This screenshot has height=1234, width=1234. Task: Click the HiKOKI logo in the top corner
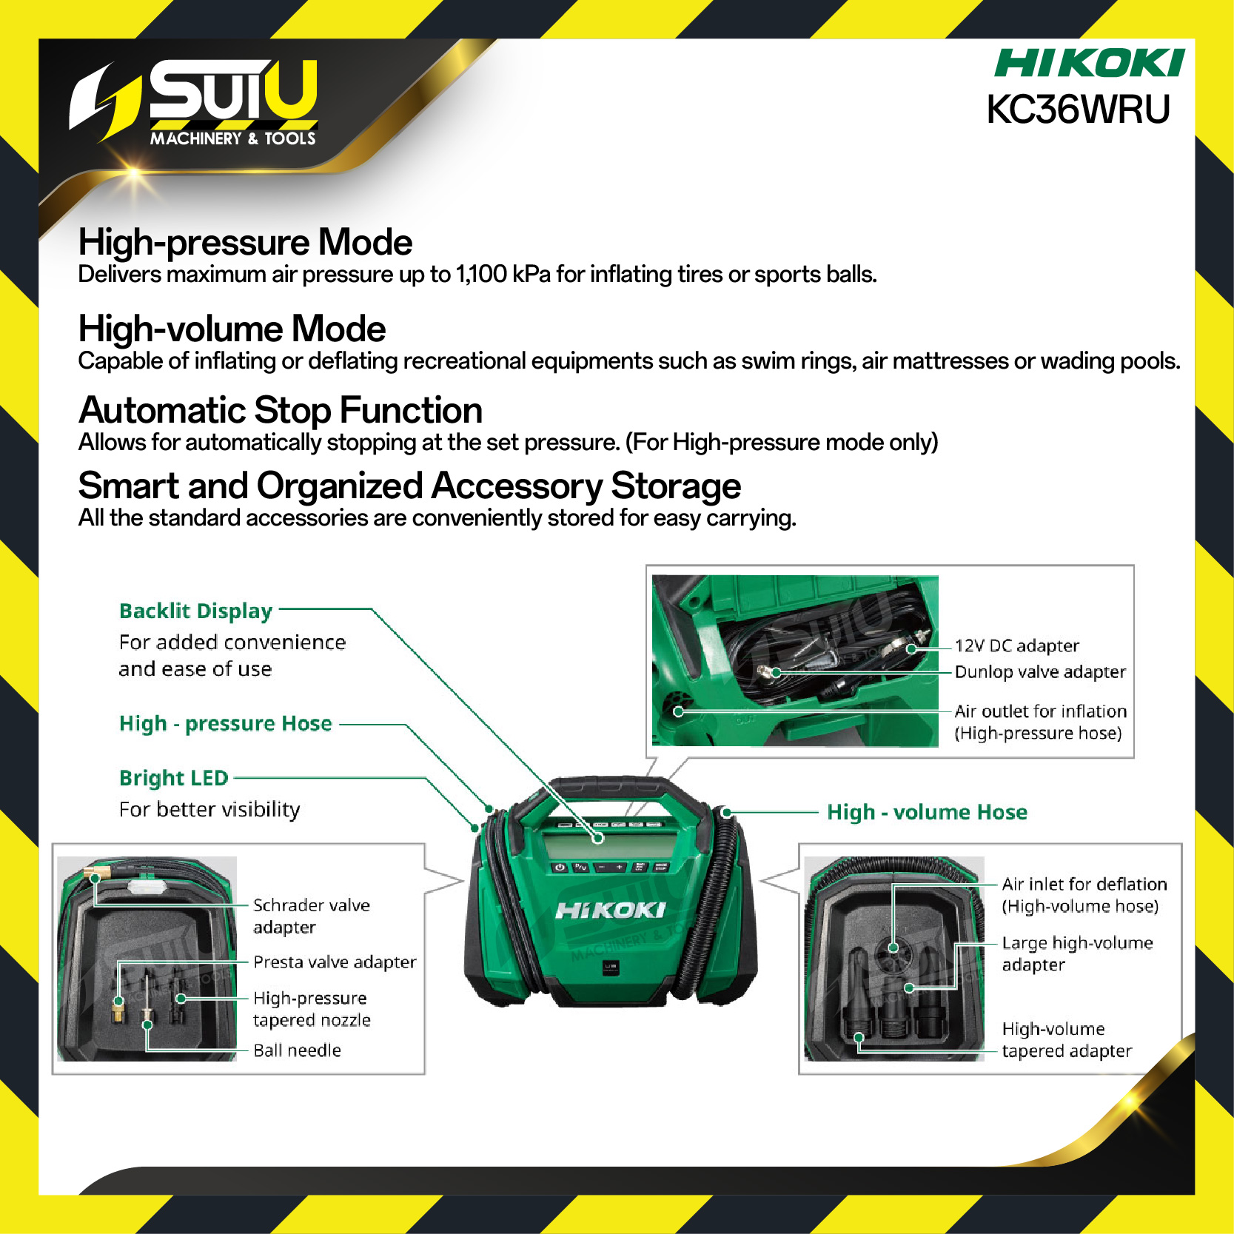pos(1088,63)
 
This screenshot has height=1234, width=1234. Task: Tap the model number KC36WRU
pos(1079,110)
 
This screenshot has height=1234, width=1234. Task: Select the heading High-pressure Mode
pos(245,243)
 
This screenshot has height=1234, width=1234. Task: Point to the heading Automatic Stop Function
pos(281,410)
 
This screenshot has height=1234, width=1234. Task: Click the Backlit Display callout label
pos(196,611)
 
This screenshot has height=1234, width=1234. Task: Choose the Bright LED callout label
pos(174,777)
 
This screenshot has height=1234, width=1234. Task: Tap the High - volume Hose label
pos(927,812)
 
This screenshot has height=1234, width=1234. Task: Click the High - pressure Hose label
pos(226,723)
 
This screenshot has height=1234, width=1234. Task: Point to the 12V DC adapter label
pos(1016,645)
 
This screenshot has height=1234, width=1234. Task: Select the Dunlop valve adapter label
pos(1040,671)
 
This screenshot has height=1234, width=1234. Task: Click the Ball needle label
pos(297,1050)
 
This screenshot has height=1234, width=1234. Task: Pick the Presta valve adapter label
pos(335,962)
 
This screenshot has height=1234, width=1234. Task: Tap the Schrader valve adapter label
pos(312,916)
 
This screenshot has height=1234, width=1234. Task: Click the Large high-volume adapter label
pos(1077,953)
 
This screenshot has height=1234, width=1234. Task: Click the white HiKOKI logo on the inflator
pos(611,910)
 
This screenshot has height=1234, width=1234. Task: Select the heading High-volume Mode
pos(232,329)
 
